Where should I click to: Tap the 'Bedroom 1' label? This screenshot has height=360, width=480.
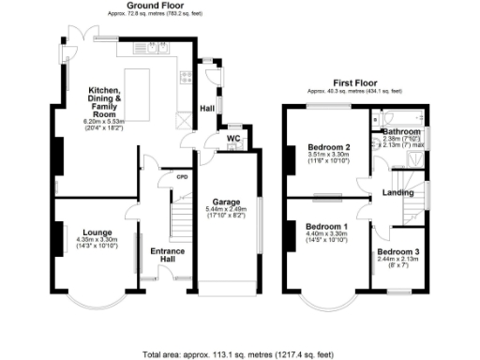pos(329,227)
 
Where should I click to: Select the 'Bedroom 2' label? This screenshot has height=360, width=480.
pos(329,147)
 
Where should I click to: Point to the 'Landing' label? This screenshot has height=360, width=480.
pos(398,194)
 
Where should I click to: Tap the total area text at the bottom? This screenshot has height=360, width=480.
pos(239,354)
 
